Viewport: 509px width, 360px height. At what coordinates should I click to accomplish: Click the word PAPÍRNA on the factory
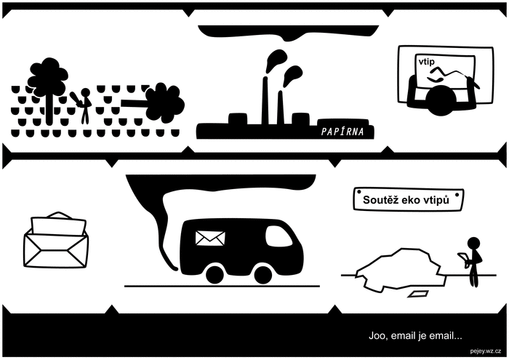point(342,131)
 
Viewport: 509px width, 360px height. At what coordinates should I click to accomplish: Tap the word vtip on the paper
point(426,62)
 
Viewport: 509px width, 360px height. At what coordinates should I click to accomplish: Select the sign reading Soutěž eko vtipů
point(409,199)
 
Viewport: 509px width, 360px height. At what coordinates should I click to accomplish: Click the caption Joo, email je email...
point(415,336)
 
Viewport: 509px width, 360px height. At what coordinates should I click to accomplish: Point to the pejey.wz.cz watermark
point(485,351)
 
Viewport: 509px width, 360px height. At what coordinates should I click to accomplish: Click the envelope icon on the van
point(210,238)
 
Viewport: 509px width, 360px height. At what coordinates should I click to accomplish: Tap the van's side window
point(278,236)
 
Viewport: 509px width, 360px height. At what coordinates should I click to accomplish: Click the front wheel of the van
point(263,276)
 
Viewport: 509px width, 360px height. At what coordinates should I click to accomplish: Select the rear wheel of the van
point(215,276)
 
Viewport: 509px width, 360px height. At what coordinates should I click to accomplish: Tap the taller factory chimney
point(265,100)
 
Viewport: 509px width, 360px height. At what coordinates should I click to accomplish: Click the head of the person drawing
point(440,100)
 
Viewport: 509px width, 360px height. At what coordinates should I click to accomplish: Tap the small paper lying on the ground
point(417,295)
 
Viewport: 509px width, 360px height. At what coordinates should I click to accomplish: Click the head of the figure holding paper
point(473,244)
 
